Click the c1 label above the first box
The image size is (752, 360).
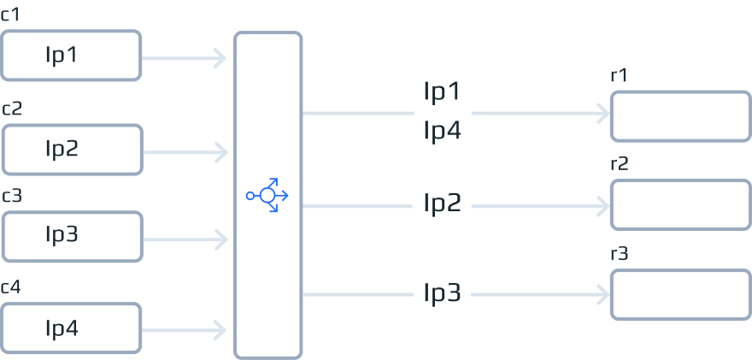[11, 15]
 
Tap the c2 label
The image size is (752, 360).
[12, 109]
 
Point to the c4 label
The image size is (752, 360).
[11, 287]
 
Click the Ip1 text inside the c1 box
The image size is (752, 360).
[62, 56]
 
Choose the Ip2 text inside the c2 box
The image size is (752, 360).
[62, 149]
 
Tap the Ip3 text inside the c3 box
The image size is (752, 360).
[62, 234]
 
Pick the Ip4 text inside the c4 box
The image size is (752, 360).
[62, 328]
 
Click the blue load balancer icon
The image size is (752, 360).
[267, 196]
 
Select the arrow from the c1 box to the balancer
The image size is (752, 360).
[184, 59]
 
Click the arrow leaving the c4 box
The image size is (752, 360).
[184, 329]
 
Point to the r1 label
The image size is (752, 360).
[619, 75]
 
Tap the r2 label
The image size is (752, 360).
[620, 164]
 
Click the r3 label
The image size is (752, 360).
[620, 254]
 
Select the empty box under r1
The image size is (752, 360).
[679, 116]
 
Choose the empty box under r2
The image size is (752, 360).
[679, 205]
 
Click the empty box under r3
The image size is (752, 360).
[679, 295]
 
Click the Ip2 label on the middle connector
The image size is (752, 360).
[443, 204]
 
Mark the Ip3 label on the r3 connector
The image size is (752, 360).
[443, 294]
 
